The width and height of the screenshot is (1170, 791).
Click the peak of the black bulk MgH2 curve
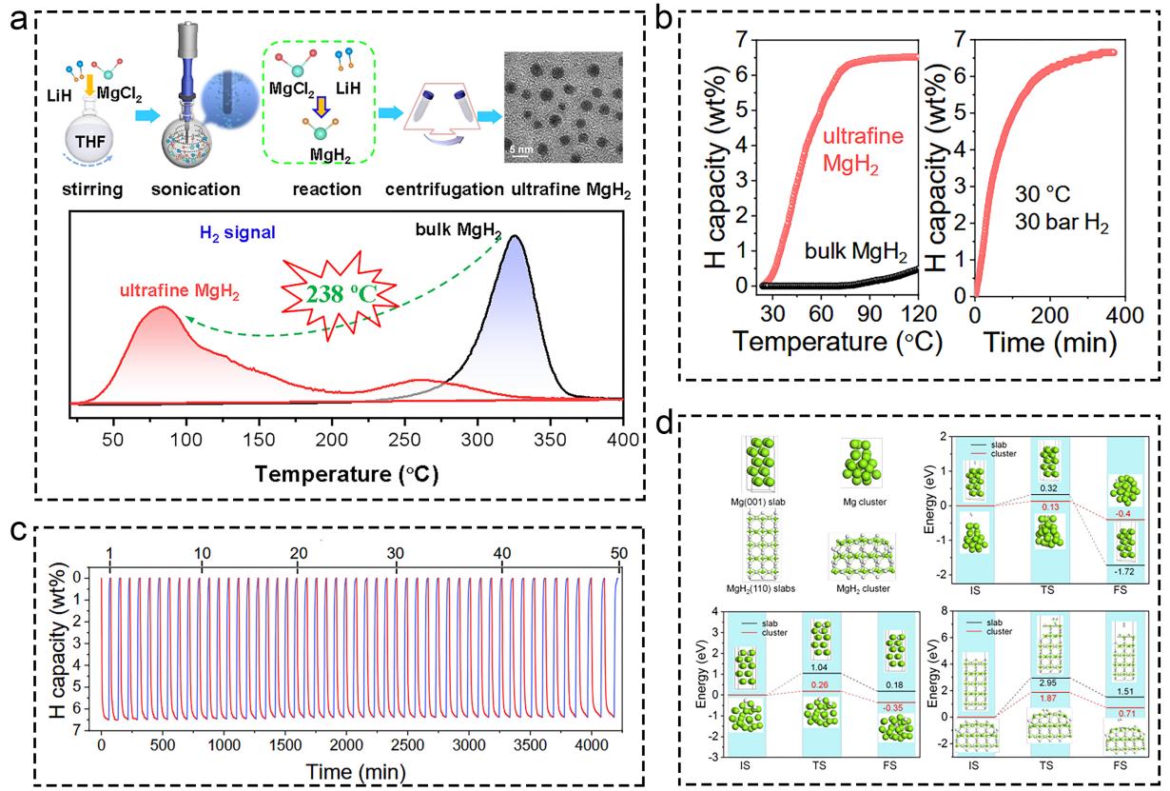coord(515,236)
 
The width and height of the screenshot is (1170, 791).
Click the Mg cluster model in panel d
coord(861,461)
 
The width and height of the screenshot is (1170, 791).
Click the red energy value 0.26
coord(824,683)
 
